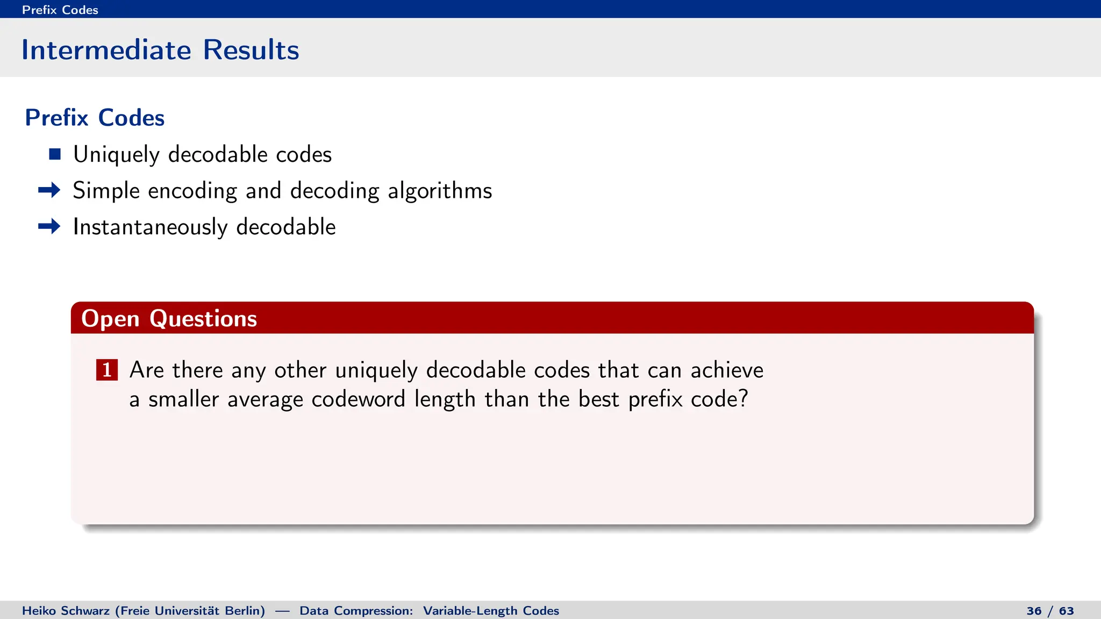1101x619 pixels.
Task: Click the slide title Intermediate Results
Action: tap(160, 50)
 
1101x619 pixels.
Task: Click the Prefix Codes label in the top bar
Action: tap(60, 10)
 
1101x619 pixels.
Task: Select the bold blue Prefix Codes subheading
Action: tap(95, 118)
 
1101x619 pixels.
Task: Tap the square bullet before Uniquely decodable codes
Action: tap(55, 155)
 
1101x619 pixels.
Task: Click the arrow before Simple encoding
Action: tap(49, 190)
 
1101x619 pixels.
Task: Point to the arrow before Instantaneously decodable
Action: tap(49, 227)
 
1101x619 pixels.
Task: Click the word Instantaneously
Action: tap(150, 227)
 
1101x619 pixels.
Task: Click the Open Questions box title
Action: tap(169, 319)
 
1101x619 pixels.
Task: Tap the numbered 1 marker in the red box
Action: tap(107, 370)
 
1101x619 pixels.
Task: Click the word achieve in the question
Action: tap(726, 370)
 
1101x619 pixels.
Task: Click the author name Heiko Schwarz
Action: tap(66, 611)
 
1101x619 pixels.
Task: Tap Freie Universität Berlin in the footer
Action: tap(190, 611)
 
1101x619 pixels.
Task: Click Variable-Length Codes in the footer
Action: tap(490, 611)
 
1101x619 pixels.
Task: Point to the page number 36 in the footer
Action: tap(1034, 611)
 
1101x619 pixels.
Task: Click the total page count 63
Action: tap(1066, 611)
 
